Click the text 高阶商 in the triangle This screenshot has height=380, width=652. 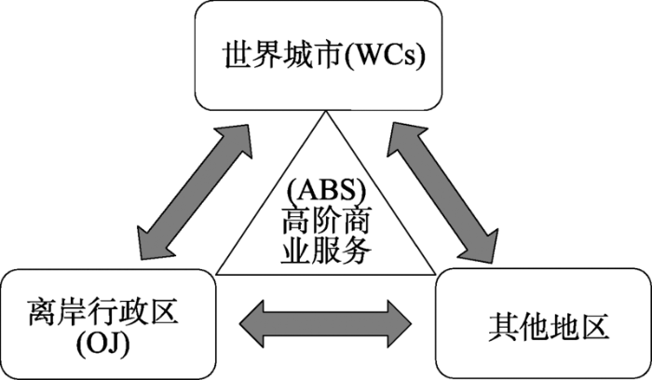[x=325, y=222]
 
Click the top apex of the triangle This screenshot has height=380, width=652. [x=326, y=113]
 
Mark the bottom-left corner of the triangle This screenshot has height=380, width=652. [x=216, y=274]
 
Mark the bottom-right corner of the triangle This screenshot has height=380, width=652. [x=435, y=274]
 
